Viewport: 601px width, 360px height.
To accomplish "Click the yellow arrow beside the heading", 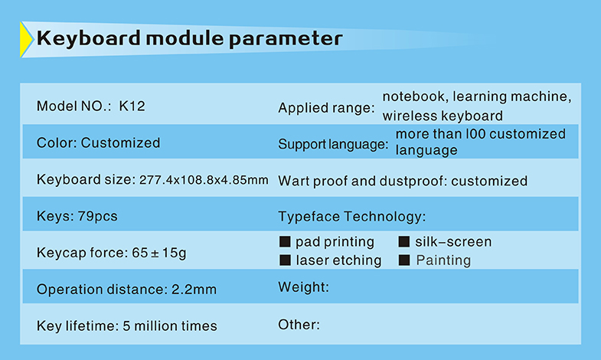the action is [26, 40].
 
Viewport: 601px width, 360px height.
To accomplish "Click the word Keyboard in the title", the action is [89, 39].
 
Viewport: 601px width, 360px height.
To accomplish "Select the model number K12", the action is [132, 106].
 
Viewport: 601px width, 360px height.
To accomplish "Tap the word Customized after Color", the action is [120, 143].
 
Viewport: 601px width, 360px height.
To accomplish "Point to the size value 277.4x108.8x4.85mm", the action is [204, 180].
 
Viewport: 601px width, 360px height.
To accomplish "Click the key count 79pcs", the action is [97, 216].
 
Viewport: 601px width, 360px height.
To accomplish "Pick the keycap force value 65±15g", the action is [159, 253].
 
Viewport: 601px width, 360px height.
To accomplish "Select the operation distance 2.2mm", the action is [194, 290].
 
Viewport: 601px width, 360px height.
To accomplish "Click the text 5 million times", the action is [170, 326].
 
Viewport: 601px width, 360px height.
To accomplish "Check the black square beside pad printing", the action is [285, 241].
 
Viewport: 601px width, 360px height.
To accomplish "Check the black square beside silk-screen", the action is [404, 241].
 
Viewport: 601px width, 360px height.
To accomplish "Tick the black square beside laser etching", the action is [285, 260].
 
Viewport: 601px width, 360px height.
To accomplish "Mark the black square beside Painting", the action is [404, 260].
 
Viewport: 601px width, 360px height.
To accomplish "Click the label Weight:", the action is [304, 286].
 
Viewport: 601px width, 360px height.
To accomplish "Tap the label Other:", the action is [299, 325].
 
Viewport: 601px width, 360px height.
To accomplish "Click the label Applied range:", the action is [327, 108].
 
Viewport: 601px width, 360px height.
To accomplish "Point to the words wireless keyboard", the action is [443, 116].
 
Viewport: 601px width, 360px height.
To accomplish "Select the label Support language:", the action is [333, 145].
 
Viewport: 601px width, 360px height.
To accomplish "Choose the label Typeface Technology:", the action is [352, 217].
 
